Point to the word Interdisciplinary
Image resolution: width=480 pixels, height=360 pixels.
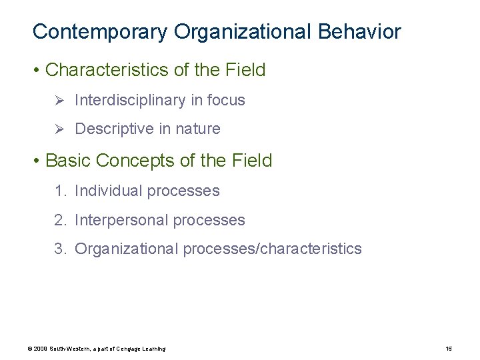(131, 101)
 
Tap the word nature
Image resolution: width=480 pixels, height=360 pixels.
(198, 129)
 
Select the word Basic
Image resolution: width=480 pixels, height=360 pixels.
(69, 161)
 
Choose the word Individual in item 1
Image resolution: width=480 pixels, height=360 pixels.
(109, 191)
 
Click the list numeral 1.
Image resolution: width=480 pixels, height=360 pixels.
(60, 191)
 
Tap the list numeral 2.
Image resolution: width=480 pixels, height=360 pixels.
(60, 220)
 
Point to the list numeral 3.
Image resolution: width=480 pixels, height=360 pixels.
(60, 249)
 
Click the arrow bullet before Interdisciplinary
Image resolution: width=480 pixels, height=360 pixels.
(59, 101)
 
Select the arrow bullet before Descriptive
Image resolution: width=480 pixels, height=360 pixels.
(59, 129)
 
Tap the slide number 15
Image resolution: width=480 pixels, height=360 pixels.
(448, 349)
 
